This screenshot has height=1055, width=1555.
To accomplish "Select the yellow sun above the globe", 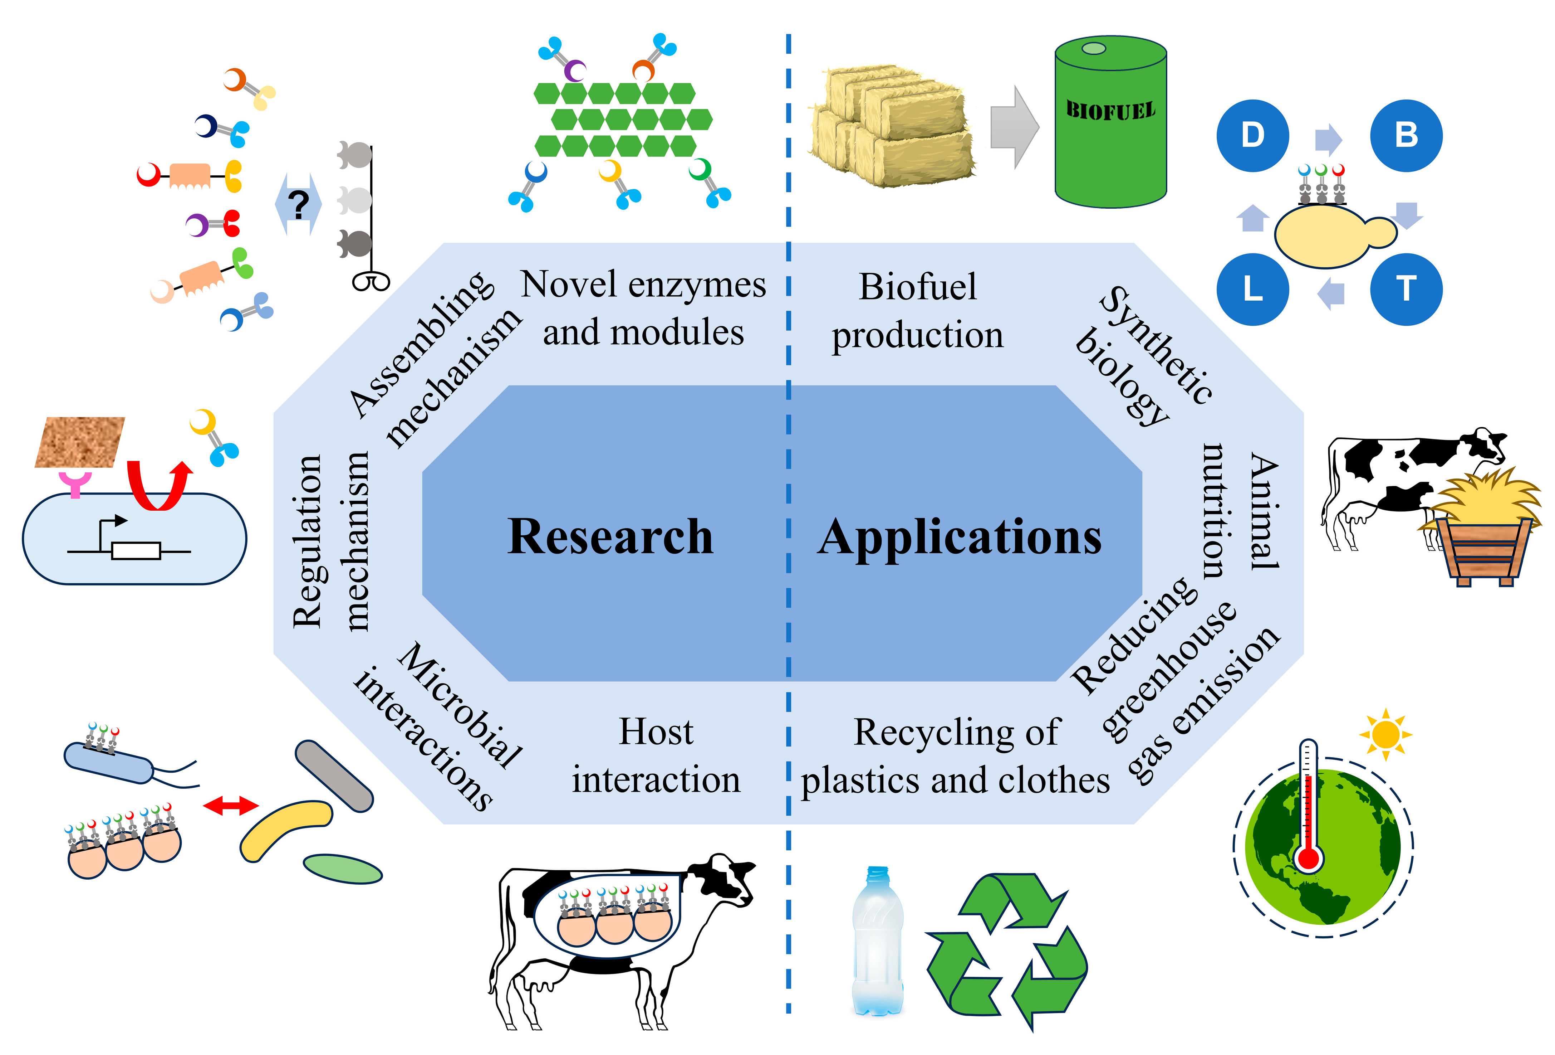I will (1385, 734).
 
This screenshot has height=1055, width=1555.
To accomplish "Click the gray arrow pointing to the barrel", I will (1014, 127).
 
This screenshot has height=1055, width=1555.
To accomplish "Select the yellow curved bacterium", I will (284, 830).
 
